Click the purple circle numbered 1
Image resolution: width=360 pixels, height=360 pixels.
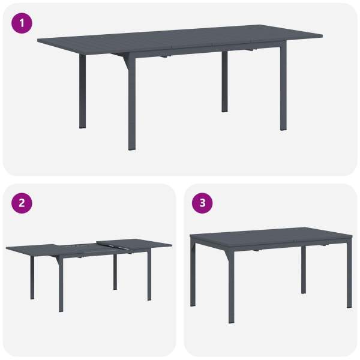click(x=22, y=23)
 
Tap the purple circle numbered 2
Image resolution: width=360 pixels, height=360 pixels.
click(x=22, y=203)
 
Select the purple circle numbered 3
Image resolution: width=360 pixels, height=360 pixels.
click(x=202, y=203)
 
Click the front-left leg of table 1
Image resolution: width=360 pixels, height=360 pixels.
click(x=132, y=101)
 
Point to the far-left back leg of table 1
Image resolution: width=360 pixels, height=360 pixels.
click(x=82, y=91)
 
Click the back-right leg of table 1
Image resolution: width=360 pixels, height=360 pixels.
click(x=224, y=82)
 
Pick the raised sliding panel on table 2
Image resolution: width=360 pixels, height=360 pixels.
click(x=134, y=244)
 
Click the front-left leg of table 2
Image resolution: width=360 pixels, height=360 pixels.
click(x=61, y=284)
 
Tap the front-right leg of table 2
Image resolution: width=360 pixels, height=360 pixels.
click(x=149, y=276)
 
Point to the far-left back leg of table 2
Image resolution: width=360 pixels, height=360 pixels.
click(x=32, y=278)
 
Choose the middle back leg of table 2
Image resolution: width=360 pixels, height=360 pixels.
click(x=115, y=272)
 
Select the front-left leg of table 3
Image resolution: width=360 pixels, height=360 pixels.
click(x=232, y=287)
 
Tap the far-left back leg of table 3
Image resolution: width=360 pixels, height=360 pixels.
click(x=193, y=273)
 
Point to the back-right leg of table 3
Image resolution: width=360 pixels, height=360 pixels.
click(x=304, y=270)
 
